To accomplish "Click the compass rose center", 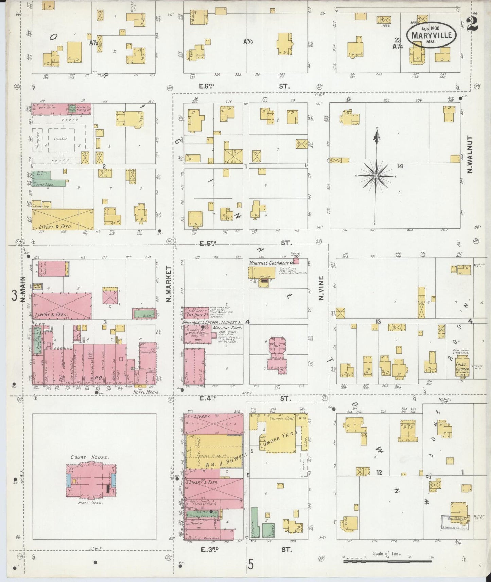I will tap(376, 176).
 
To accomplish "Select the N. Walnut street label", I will tap(470, 155).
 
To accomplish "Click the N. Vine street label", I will tap(321, 288).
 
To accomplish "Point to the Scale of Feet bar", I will tap(387, 562).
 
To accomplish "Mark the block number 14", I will tap(399, 166).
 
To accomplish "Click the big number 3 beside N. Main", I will tap(14, 295).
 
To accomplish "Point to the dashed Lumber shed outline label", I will tap(60, 139).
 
